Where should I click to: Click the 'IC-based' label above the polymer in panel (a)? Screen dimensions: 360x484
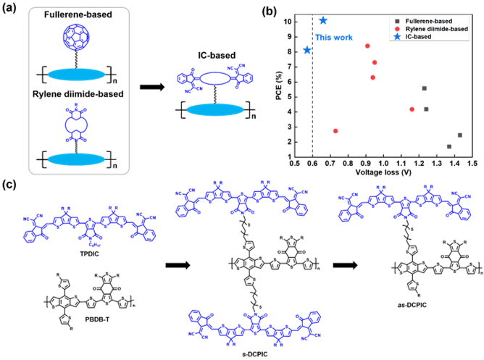click(x=210, y=53)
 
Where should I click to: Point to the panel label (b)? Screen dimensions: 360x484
click(x=269, y=10)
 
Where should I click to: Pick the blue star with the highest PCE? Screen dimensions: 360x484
click(x=323, y=20)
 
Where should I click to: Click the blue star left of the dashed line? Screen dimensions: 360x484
click(x=306, y=50)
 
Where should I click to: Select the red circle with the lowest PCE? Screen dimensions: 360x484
click(x=335, y=131)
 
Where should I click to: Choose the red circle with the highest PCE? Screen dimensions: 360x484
click(x=367, y=46)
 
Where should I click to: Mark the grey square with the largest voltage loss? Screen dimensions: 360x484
click(x=460, y=135)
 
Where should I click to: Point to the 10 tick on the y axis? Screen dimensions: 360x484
click(x=288, y=21)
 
